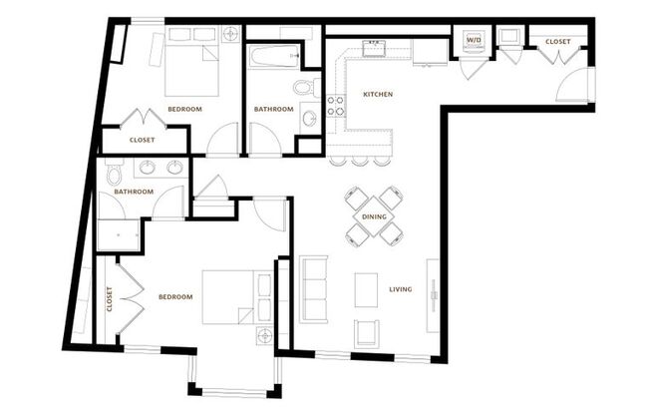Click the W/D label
click(x=473, y=41)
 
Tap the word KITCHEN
click(x=378, y=95)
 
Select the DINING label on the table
click(x=374, y=215)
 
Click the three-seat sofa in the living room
click(x=315, y=286)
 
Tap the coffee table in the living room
click(x=366, y=290)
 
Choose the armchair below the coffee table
click(x=367, y=332)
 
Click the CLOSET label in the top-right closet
click(x=557, y=42)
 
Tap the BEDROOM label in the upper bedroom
click(x=184, y=109)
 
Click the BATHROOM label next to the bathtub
click(x=273, y=109)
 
